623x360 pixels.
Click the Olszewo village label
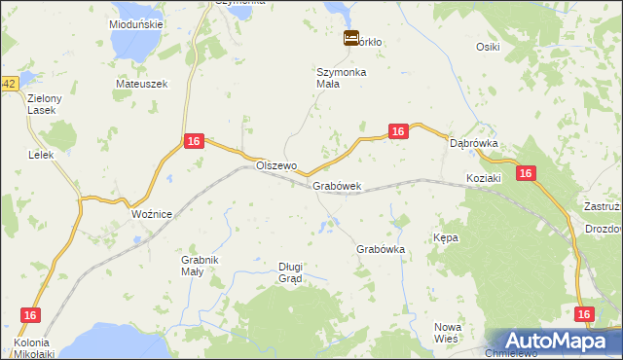click(275, 165)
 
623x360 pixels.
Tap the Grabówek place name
click(337, 186)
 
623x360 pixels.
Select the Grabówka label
click(381, 249)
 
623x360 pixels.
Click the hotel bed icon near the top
click(351, 39)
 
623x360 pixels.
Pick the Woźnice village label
click(151, 214)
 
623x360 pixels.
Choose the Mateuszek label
click(142, 84)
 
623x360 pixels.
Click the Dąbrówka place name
click(474, 143)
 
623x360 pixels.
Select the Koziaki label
click(483, 178)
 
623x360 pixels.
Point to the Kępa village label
click(445, 237)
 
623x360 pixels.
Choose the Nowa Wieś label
click(447, 333)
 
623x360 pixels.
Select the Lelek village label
click(40, 155)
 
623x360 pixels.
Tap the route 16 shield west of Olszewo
click(194, 142)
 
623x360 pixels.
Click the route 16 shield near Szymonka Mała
click(397, 131)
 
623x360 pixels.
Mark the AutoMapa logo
click(554, 342)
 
